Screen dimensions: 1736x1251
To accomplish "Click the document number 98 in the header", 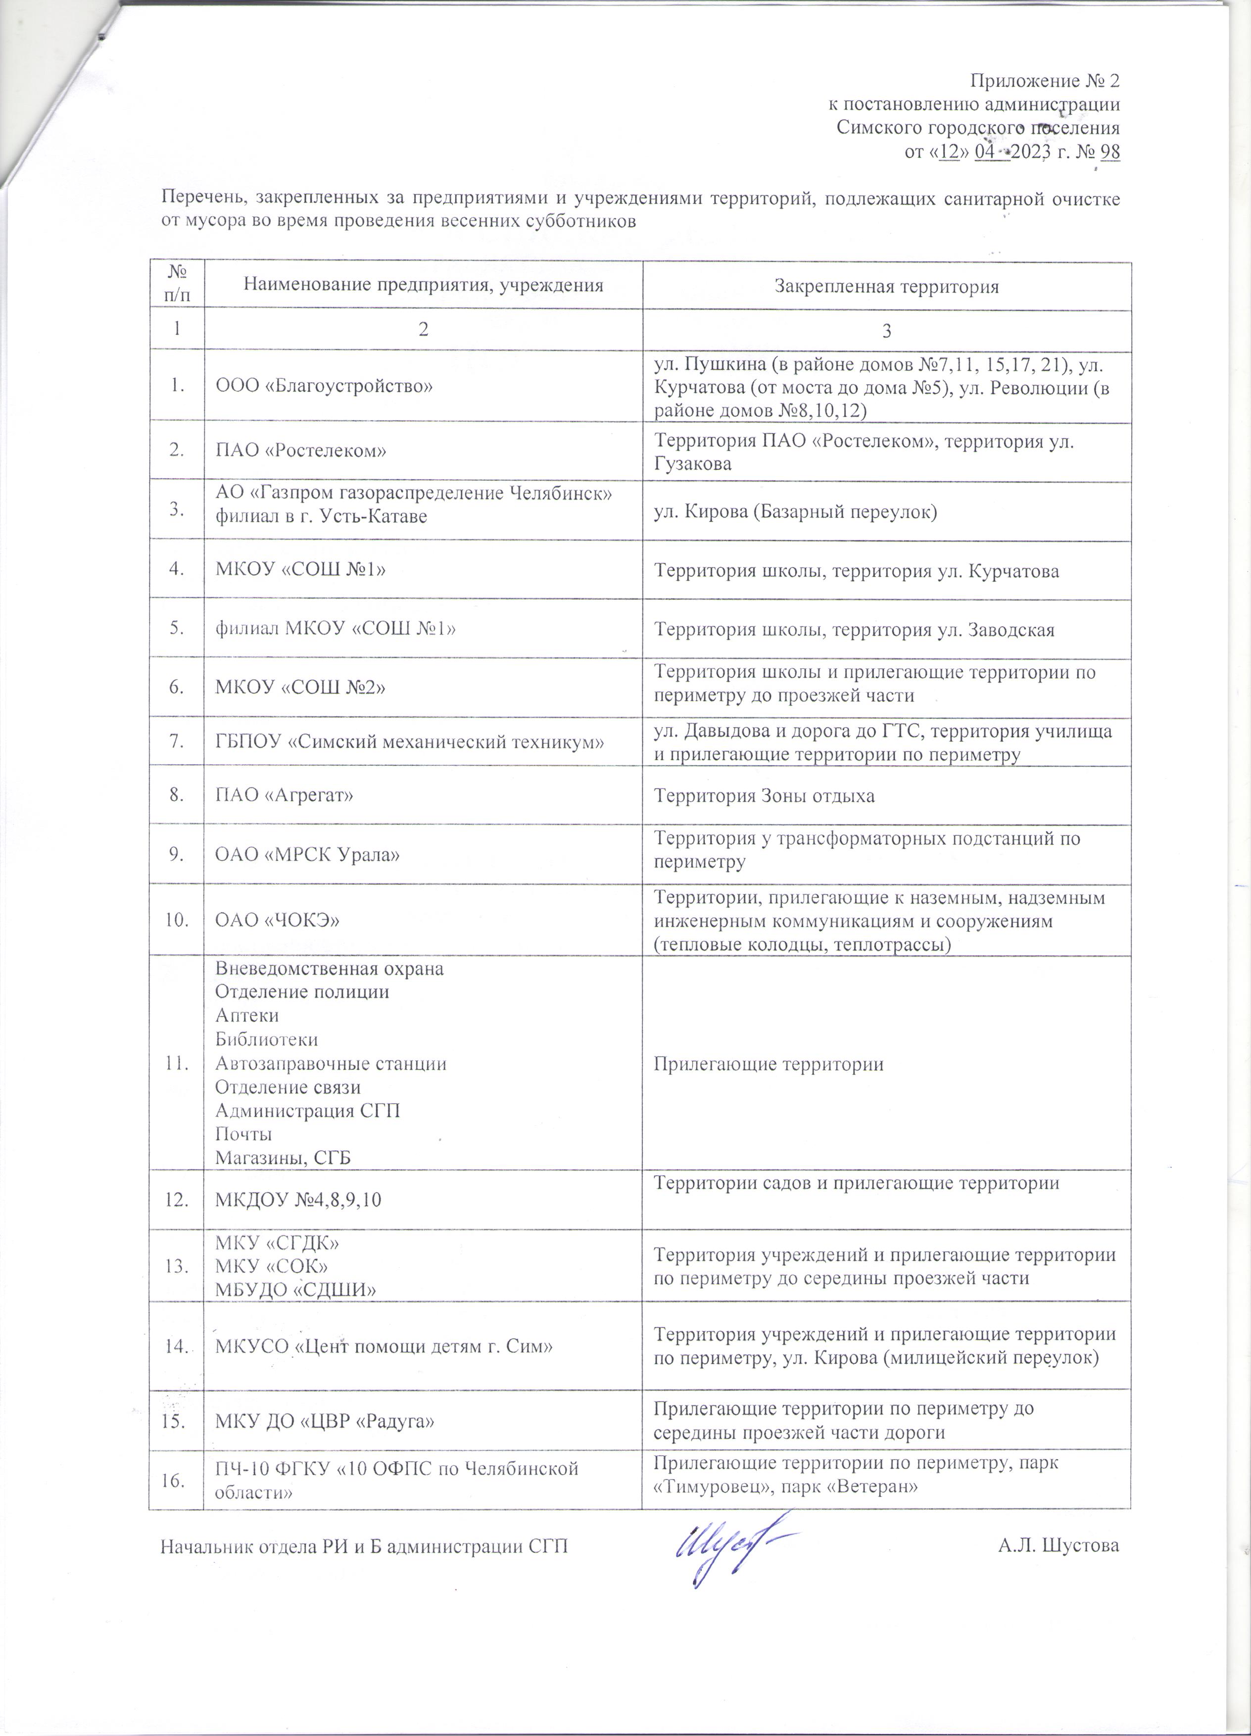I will [1108, 152].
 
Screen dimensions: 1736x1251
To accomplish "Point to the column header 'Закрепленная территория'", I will [886, 287].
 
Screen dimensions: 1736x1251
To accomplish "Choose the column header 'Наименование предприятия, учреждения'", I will [423, 286].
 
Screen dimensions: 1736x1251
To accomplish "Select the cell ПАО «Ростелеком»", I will [301, 451].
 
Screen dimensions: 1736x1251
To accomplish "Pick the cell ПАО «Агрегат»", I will [285, 795].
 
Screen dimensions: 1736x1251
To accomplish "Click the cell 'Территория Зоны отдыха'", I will [764, 795].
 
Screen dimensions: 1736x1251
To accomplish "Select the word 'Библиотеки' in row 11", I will [266, 1039].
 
